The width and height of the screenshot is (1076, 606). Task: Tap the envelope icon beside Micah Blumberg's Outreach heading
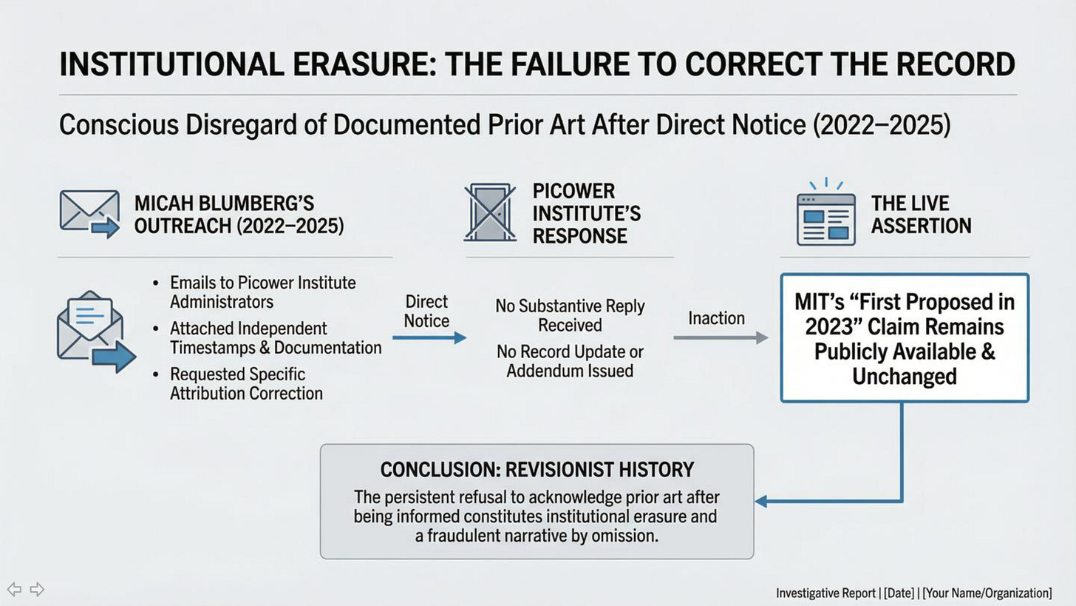click(x=89, y=214)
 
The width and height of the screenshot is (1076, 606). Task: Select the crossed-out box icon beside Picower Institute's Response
click(x=489, y=213)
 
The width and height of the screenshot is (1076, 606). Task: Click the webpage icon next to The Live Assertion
click(x=825, y=218)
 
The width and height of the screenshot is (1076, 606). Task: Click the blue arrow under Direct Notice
click(x=429, y=338)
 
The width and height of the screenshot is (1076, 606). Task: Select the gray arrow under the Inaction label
click(x=721, y=338)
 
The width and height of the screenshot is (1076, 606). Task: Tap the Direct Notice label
click(x=426, y=312)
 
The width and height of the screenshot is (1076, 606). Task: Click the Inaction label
click(x=716, y=318)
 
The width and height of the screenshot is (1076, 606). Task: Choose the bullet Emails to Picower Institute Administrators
click(x=262, y=292)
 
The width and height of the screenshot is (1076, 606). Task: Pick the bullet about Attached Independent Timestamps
click(x=275, y=337)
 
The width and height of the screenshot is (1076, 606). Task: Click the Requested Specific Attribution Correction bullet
click(x=246, y=383)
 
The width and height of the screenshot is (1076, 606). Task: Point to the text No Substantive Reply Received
click(x=570, y=315)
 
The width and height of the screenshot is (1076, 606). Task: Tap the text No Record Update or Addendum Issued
click(x=570, y=361)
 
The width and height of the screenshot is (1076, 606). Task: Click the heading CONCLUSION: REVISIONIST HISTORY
click(x=537, y=470)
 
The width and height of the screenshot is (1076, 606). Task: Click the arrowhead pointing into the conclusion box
click(x=761, y=501)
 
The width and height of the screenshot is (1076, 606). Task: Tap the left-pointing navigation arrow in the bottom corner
click(x=14, y=590)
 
